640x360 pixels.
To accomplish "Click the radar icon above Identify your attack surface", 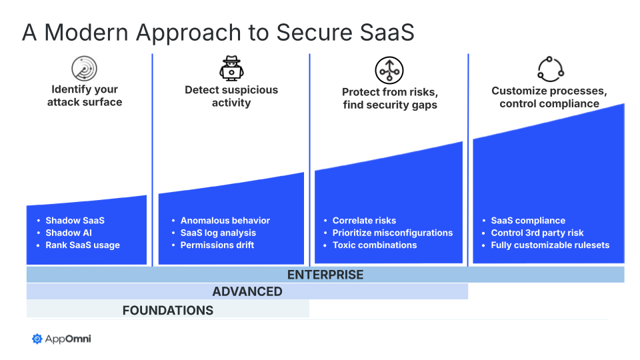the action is coord(84,68).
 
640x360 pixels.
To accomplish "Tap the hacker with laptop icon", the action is coord(231,68).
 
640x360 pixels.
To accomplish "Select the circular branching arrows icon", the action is coord(389,70).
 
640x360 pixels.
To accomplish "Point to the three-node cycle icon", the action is coord(551,69).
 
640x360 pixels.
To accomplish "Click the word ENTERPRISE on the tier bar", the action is coord(325,275).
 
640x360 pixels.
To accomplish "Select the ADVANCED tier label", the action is coord(247,291).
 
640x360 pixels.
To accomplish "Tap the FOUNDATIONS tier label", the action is coord(168,310).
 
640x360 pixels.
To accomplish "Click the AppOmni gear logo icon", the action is coord(37,339).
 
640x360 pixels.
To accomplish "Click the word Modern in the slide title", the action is coord(86,32).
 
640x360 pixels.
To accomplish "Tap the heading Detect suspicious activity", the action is coord(231,96).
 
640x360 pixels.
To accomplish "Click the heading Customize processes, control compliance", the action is coord(549,97).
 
